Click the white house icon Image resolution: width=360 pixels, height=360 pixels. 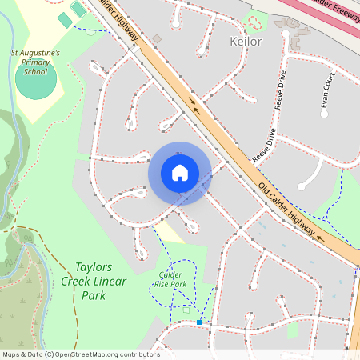(179, 173)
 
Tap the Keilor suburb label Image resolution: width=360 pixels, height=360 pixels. (245, 41)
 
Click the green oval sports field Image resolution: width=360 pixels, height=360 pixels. (36, 81)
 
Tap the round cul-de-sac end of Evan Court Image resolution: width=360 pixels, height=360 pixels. (325, 114)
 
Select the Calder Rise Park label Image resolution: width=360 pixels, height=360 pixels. (168, 279)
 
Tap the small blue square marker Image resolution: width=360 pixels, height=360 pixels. (198, 322)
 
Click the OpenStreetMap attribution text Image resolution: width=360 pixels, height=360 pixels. (80, 354)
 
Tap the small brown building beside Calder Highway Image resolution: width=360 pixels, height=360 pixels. (157, 38)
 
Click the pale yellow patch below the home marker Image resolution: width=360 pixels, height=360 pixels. (169, 232)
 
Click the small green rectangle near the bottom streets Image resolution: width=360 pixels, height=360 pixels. (292, 330)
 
